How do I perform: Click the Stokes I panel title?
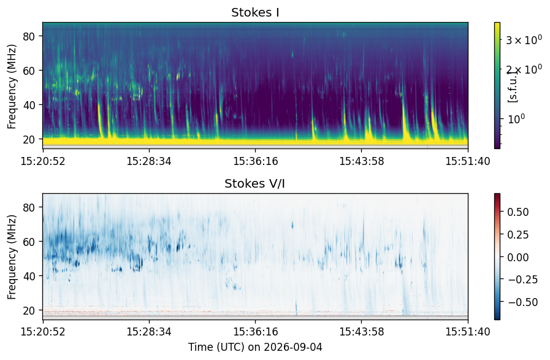point(255,13)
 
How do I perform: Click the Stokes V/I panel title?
point(254,183)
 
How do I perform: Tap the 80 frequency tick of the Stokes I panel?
point(28,36)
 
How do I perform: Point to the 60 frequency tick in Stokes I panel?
point(28,71)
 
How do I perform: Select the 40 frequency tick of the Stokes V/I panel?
point(28,276)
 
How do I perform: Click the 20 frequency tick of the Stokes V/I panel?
point(28,310)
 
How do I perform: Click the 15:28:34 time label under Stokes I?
point(149,161)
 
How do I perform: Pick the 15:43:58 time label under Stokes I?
point(362,161)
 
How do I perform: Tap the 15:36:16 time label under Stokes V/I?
point(255,332)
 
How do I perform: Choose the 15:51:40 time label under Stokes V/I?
point(468,332)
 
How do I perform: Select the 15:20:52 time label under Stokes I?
point(43,161)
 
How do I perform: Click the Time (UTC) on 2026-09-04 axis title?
point(255,347)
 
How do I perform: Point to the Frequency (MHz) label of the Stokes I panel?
point(12,86)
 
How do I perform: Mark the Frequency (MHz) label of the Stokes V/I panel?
point(12,257)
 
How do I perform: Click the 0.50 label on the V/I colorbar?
point(518,212)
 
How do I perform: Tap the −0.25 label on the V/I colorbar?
point(522,279)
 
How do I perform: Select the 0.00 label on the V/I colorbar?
point(518,257)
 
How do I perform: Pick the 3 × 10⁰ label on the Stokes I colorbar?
point(524,40)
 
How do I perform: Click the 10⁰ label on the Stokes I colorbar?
point(516,119)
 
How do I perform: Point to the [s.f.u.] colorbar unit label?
point(513,86)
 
